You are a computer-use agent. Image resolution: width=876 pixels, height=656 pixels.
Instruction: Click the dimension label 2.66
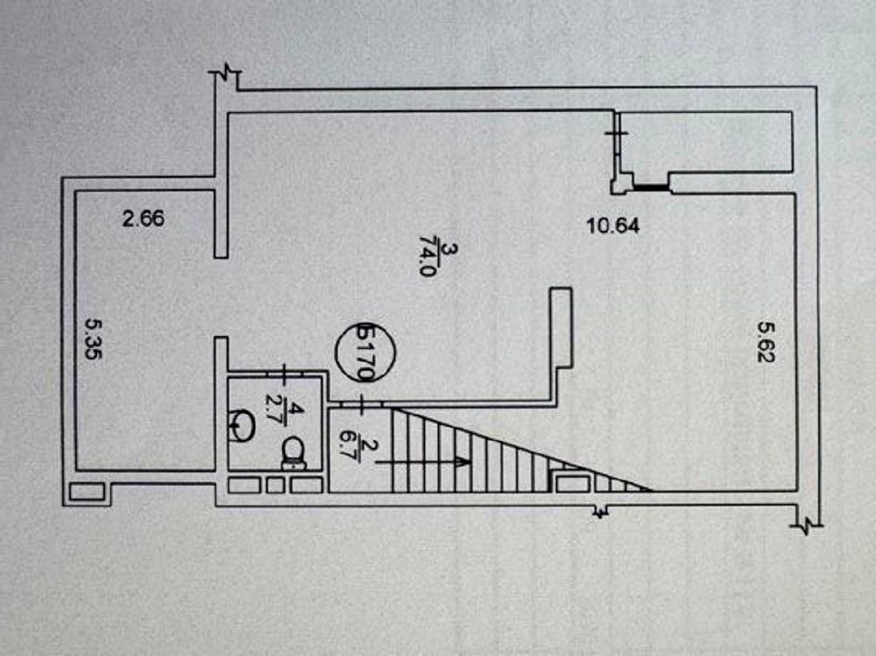coord(144,219)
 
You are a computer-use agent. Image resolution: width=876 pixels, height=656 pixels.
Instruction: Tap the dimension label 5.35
coord(94,338)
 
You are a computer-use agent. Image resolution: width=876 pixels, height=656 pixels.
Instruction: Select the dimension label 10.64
coord(613,226)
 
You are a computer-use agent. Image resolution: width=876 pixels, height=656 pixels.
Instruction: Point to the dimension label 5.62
coord(766,340)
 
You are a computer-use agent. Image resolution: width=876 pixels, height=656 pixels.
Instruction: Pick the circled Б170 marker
coord(366,352)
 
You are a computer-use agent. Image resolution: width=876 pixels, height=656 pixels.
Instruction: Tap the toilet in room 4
coord(293,453)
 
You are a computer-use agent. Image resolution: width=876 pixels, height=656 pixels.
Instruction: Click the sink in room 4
coord(241,426)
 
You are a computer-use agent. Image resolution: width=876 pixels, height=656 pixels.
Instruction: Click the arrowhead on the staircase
coord(462,463)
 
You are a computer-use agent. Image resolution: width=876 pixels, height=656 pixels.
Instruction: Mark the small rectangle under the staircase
coord(572,483)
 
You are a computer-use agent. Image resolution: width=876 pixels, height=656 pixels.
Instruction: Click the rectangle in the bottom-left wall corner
coord(87,492)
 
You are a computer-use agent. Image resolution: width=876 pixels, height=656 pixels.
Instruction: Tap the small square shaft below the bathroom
coord(275,485)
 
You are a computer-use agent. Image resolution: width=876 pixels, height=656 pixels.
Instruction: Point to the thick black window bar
coord(650,187)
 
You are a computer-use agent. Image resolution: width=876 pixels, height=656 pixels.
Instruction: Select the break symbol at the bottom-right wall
coord(807,525)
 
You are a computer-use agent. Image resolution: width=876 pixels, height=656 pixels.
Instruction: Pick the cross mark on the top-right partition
coord(616,133)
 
